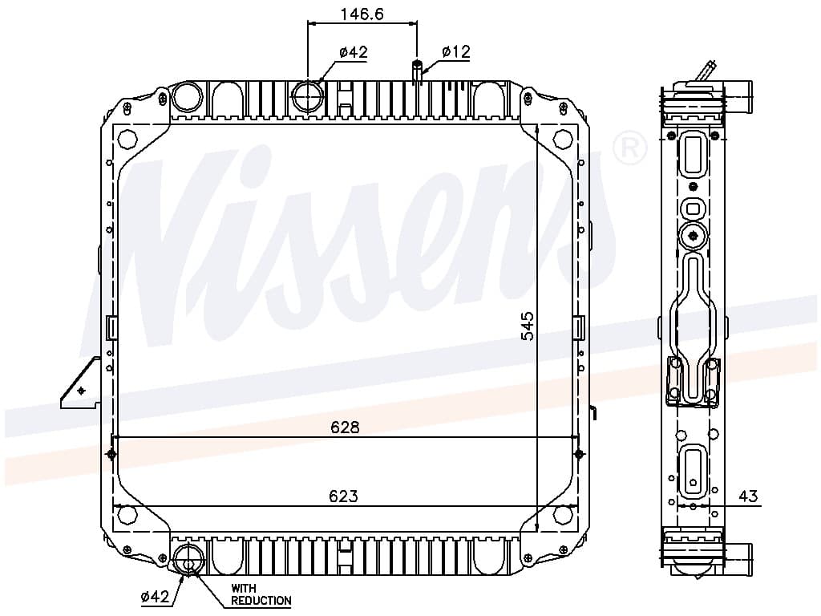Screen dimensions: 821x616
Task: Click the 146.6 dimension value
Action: click(362, 14)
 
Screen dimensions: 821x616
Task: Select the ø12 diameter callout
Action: click(456, 51)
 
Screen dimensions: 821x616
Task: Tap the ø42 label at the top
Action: click(354, 52)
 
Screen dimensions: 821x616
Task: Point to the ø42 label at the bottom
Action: click(155, 596)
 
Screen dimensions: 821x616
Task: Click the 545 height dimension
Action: click(528, 326)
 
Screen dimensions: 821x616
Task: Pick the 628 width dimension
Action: click(345, 428)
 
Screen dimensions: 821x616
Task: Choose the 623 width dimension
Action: click(343, 496)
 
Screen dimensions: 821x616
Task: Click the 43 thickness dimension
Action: click(748, 496)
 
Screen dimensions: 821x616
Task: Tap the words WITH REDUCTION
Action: click(261, 594)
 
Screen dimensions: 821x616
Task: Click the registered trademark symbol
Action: click(630, 148)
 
